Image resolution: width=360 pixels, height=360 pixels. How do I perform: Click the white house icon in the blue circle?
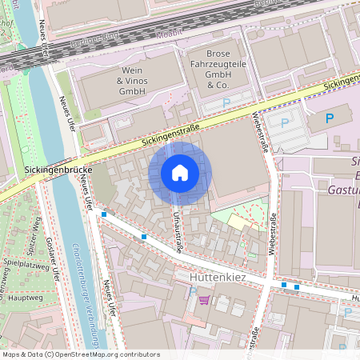coord(179,173)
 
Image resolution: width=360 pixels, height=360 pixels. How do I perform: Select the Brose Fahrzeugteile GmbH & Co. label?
coord(218,68)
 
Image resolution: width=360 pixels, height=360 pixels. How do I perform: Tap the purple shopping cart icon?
coord(204,300)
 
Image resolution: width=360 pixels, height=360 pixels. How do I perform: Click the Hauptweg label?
coord(24,296)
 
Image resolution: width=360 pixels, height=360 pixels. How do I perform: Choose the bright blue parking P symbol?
coord(329,118)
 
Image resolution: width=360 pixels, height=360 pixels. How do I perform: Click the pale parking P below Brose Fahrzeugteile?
coord(226,102)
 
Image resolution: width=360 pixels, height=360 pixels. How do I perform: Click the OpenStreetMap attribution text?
coord(81,354)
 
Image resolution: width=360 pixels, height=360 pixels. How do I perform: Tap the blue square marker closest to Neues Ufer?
coord(103,214)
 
